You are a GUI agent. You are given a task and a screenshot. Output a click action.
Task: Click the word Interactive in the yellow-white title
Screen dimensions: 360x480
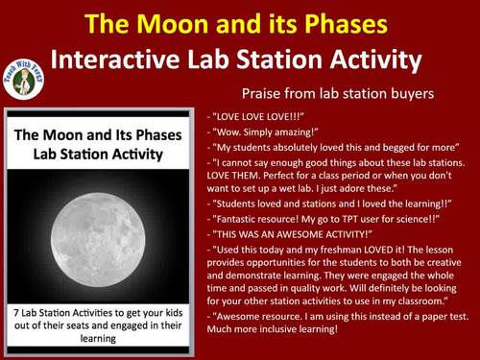[114, 60]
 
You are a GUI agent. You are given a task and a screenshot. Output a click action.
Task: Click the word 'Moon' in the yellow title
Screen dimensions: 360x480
[194, 21]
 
